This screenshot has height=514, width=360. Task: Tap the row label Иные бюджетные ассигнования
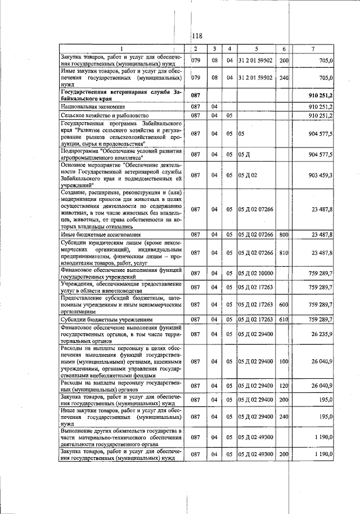[x=97, y=234]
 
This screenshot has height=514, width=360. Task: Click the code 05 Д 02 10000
[x=255, y=273]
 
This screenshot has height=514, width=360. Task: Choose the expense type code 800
[x=283, y=234]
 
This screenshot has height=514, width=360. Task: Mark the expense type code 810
[x=283, y=253]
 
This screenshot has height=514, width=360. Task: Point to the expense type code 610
[x=283, y=319]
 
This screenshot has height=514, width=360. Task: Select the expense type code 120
[x=283, y=386]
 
